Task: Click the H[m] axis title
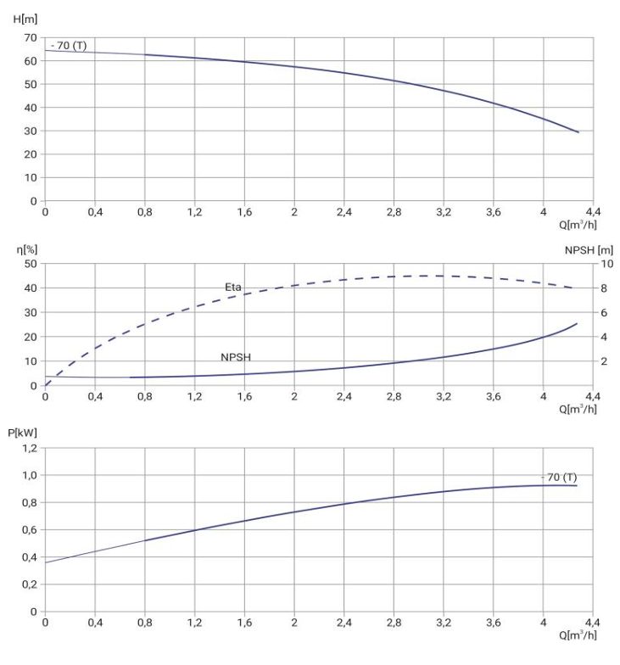25,19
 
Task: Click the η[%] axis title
27,249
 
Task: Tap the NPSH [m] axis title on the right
589,250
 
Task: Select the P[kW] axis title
22,433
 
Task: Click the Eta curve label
232,287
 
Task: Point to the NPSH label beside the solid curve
236,357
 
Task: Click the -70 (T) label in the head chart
68,46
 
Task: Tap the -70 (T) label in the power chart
559,477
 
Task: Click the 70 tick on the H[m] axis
31,37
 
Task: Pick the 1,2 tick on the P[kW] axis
30,448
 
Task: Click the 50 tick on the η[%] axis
31,264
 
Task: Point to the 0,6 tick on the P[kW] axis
30,529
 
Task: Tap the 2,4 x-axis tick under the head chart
344,211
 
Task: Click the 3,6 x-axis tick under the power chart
494,623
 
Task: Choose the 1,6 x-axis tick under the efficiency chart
244,396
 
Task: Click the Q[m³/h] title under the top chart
578,224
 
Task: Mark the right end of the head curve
578,132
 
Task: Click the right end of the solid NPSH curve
577,324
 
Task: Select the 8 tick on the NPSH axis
604,288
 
